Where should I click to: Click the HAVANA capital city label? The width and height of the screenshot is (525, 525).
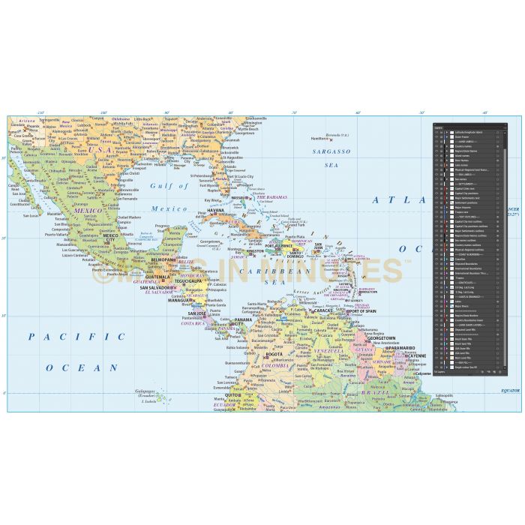click(215, 211)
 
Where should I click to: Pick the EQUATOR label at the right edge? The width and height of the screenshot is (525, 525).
click(510, 391)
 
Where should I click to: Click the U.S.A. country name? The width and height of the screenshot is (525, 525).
click(99, 149)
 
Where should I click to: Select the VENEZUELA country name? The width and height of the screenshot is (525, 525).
click(327, 350)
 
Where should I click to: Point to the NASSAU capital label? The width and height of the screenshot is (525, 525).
click(239, 198)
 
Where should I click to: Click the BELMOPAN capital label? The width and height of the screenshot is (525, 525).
click(163, 259)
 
